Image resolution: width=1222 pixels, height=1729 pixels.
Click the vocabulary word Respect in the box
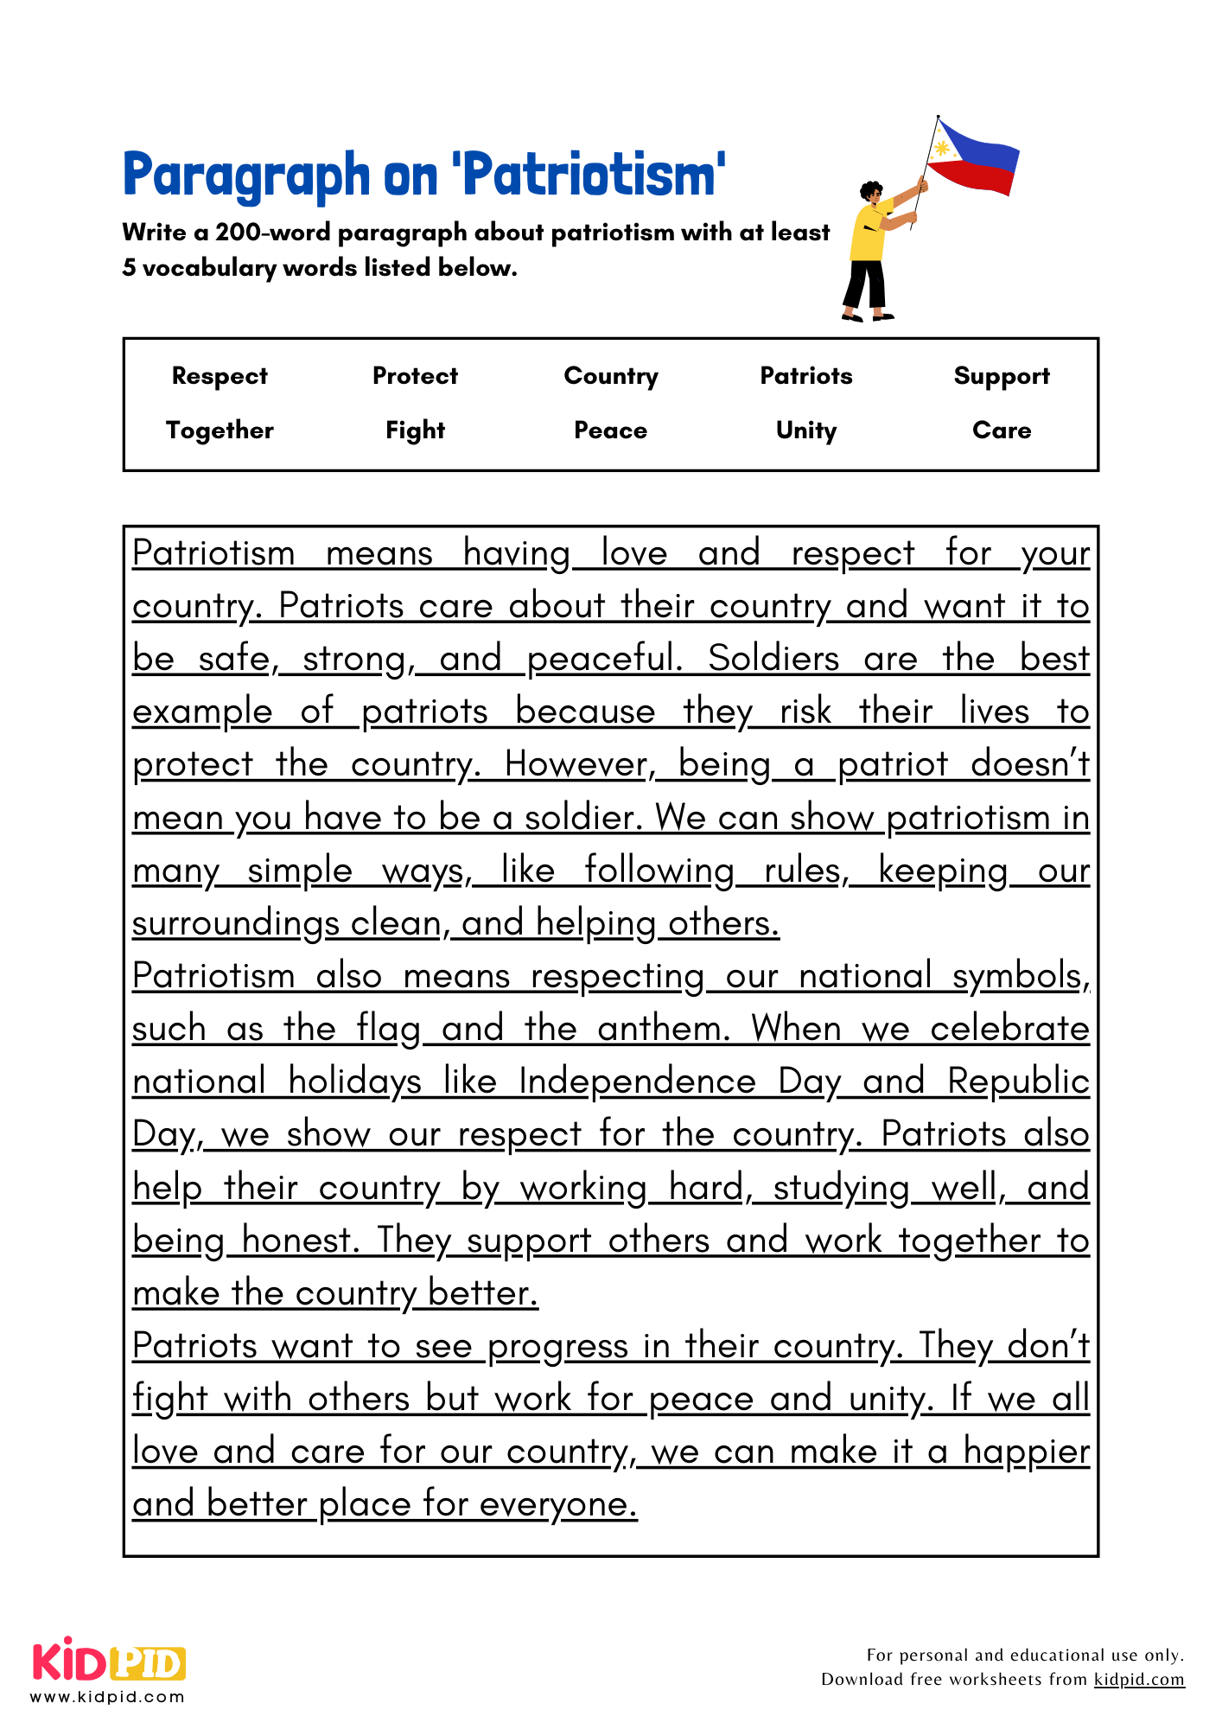(x=220, y=376)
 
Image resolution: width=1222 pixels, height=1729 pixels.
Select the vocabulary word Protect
(x=415, y=376)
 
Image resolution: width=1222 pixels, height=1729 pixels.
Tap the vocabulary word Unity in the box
(x=805, y=431)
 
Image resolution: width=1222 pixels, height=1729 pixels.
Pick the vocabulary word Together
(x=220, y=431)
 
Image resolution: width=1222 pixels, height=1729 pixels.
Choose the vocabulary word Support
(x=1001, y=376)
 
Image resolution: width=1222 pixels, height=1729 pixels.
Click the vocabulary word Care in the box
(x=1001, y=431)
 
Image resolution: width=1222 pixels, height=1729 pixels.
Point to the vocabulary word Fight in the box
(x=415, y=431)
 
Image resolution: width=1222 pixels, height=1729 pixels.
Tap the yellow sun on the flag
(x=942, y=149)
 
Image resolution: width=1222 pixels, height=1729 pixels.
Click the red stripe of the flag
(x=977, y=177)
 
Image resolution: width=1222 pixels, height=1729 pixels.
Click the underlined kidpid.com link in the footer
(x=1138, y=1679)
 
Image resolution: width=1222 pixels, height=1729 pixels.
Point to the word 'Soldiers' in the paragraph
(x=773, y=659)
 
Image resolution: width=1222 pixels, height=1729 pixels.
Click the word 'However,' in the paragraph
(x=579, y=764)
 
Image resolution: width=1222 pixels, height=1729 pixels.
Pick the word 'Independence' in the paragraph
(x=637, y=1081)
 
